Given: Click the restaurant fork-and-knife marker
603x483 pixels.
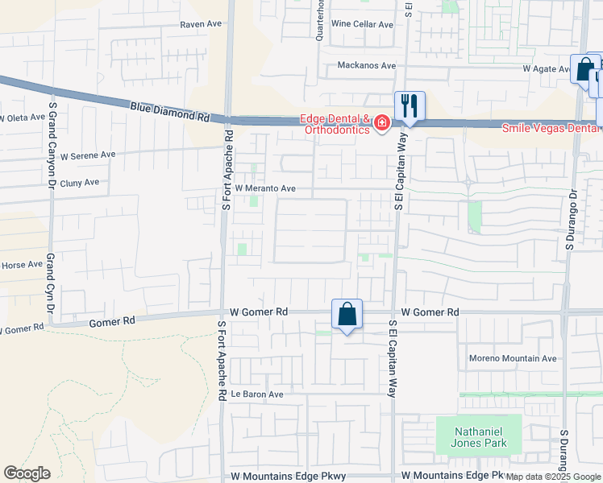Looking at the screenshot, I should click(410, 105).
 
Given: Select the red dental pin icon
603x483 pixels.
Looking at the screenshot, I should click(381, 123).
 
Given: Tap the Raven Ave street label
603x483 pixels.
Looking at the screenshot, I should click(201, 24).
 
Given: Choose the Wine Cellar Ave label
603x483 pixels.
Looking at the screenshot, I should click(362, 24).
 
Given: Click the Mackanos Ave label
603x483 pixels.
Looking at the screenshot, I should click(367, 65).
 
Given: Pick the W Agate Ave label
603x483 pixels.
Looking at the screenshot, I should click(547, 69).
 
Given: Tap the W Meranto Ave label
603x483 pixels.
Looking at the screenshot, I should click(266, 188).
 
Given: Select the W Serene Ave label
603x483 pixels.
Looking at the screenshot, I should click(89, 155).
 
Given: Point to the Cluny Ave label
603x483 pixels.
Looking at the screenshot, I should click(79, 183).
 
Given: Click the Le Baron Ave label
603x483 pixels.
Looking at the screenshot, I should click(257, 394).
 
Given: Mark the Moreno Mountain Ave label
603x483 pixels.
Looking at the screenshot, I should click(513, 358).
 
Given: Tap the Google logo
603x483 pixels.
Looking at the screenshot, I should click(27, 473).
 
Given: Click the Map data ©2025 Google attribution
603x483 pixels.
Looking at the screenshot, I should click(553, 477).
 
